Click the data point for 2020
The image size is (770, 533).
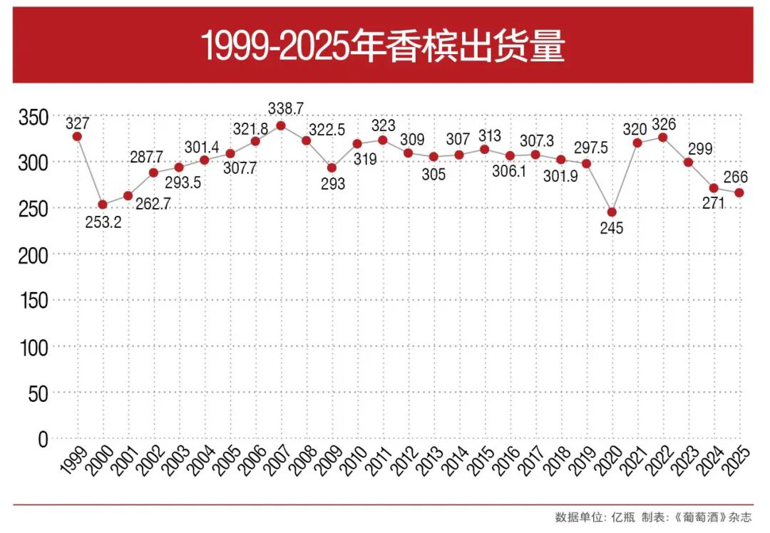pyautogui.click(x=612, y=212)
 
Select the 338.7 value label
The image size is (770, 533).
pyautogui.click(x=286, y=108)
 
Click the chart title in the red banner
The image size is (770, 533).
pyautogui.click(x=383, y=46)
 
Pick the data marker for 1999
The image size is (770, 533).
pyautogui.click(x=77, y=136)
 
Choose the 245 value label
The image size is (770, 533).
pyautogui.click(x=612, y=229)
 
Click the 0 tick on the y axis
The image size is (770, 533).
pyautogui.click(x=43, y=439)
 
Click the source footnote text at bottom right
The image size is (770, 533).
pyautogui.click(x=653, y=517)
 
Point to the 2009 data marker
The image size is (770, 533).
pyautogui.click(x=332, y=167)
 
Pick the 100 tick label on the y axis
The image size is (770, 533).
pyautogui.click(x=32, y=347)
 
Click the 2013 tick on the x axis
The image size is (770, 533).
pyautogui.click(x=428, y=462)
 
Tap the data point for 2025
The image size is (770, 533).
pyautogui.click(x=739, y=192)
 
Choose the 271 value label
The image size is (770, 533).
pyautogui.click(x=712, y=205)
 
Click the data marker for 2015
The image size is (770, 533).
pyautogui.click(x=485, y=150)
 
